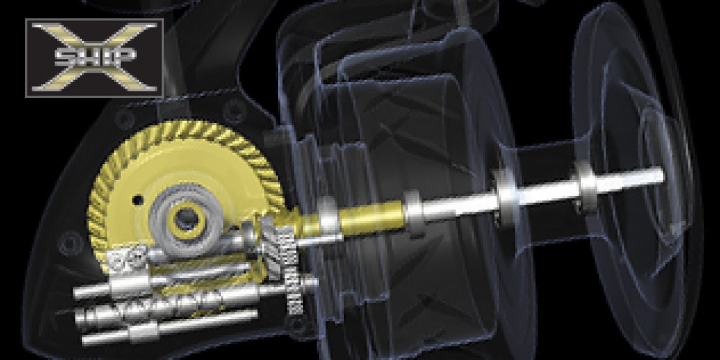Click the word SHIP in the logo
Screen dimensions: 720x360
click(x=95, y=56)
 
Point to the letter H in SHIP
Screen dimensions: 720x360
click(x=87, y=56)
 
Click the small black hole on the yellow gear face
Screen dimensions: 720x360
click(x=137, y=200)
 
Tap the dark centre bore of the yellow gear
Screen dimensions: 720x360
click(x=186, y=219)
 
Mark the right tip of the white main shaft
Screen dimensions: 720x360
click(x=662, y=175)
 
